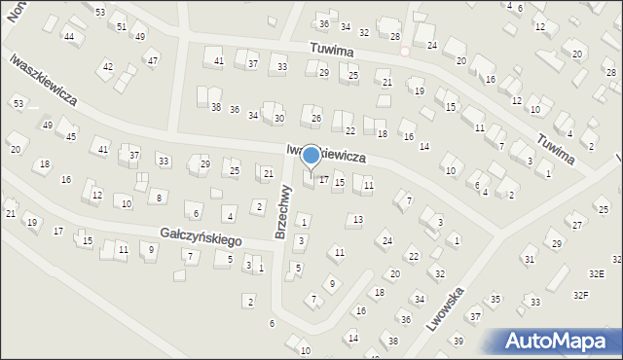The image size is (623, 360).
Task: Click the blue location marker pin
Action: [311, 156]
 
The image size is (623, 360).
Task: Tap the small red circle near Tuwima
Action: [405, 50]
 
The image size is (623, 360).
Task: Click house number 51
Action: [122, 26]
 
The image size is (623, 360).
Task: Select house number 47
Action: [153, 59]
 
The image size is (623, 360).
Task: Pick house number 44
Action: [69, 36]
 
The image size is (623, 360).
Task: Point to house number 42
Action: [108, 67]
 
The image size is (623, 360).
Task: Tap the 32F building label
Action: [580, 294]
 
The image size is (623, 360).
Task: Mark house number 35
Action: [495, 299]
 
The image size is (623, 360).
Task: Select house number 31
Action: [530, 259]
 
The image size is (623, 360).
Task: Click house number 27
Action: [577, 225]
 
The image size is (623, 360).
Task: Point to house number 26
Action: [315, 119]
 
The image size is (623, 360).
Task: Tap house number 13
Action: [358, 220]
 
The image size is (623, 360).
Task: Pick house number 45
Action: [71, 136]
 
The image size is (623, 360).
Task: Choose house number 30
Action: [279, 118]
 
